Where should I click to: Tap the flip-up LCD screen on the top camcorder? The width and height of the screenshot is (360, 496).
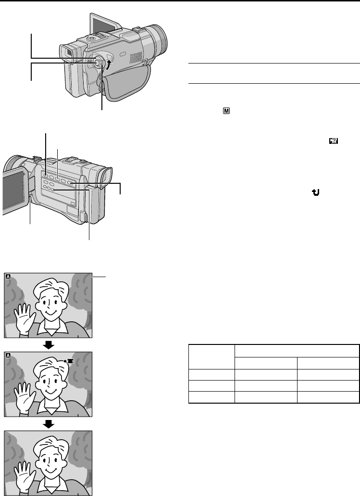(x=102, y=30)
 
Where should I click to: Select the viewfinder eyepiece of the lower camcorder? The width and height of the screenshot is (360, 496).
(x=106, y=176)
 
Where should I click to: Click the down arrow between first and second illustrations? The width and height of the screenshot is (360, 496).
(x=48, y=345)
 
